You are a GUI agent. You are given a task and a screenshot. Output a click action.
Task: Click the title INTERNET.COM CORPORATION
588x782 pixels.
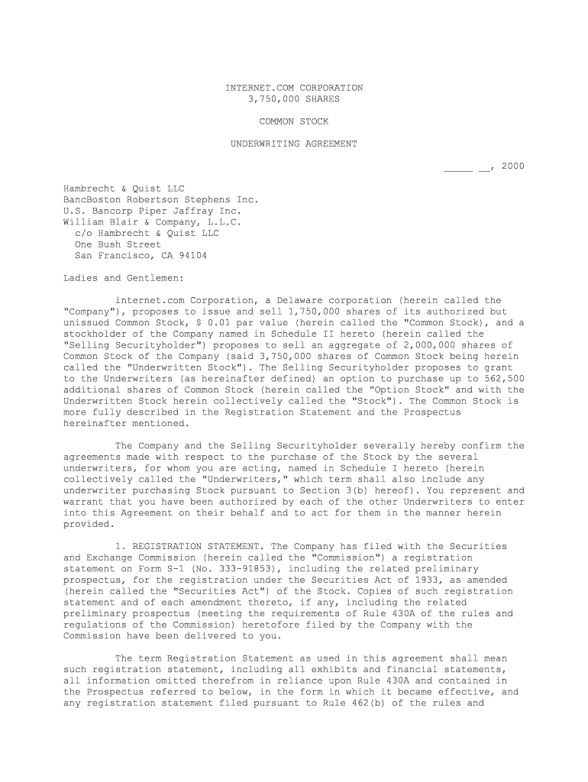(x=294, y=88)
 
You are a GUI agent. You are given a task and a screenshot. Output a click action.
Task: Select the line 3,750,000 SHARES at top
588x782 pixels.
(x=294, y=99)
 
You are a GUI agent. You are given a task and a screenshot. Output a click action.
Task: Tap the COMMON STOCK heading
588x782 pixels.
(x=294, y=121)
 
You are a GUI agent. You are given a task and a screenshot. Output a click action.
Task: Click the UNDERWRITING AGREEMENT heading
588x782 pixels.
(x=294, y=144)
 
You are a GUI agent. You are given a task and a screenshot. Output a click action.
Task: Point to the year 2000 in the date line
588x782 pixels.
(x=513, y=166)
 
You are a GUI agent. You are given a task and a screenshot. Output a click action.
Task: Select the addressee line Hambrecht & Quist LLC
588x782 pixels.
(x=124, y=189)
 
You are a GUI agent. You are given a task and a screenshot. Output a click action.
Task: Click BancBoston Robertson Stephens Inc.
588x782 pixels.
(x=161, y=200)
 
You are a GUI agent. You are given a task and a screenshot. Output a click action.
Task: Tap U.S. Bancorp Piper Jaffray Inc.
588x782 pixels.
(x=152, y=211)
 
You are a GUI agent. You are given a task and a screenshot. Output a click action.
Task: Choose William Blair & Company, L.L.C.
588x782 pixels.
(x=152, y=222)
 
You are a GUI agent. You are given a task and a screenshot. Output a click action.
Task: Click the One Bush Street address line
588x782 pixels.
(x=118, y=244)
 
